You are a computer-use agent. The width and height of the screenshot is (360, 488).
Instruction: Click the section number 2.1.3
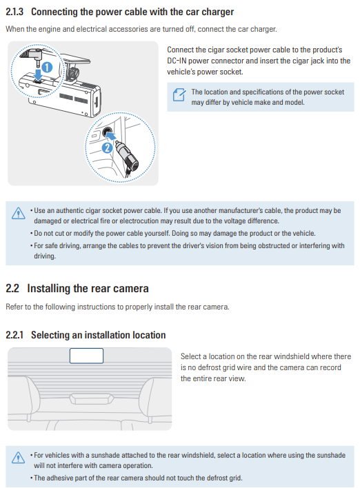pyautogui.click(x=14, y=12)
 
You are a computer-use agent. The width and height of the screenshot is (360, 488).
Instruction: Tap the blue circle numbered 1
pyautogui.click(x=48, y=67)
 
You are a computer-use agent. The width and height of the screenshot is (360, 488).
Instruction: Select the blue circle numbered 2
pyautogui.click(x=108, y=148)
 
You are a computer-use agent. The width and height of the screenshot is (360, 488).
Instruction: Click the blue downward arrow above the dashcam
pyautogui.click(x=38, y=74)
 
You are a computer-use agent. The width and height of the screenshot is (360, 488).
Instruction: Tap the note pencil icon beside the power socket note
pyautogui.click(x=179, y=95)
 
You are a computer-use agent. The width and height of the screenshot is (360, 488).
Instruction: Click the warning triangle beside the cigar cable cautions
pyautogui.click(x=19, y=213)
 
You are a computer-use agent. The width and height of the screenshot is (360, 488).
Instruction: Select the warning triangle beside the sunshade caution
pyautogui.click(x=19, y=458)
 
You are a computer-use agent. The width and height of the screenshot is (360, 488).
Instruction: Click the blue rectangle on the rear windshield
pyautogui.click(x=86, y=356)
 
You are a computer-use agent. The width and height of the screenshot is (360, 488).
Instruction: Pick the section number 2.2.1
pyautogui.click(x=14, y=335)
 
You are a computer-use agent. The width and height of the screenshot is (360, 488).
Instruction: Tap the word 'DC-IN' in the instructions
pyautogui.click(x=177, y=61)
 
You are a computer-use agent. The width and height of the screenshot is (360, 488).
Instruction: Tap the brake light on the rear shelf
pyautogui.click(x=92, y=399)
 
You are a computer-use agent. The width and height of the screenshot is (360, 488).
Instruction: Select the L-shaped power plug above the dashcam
pyautogui.click(x=32, y=54)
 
